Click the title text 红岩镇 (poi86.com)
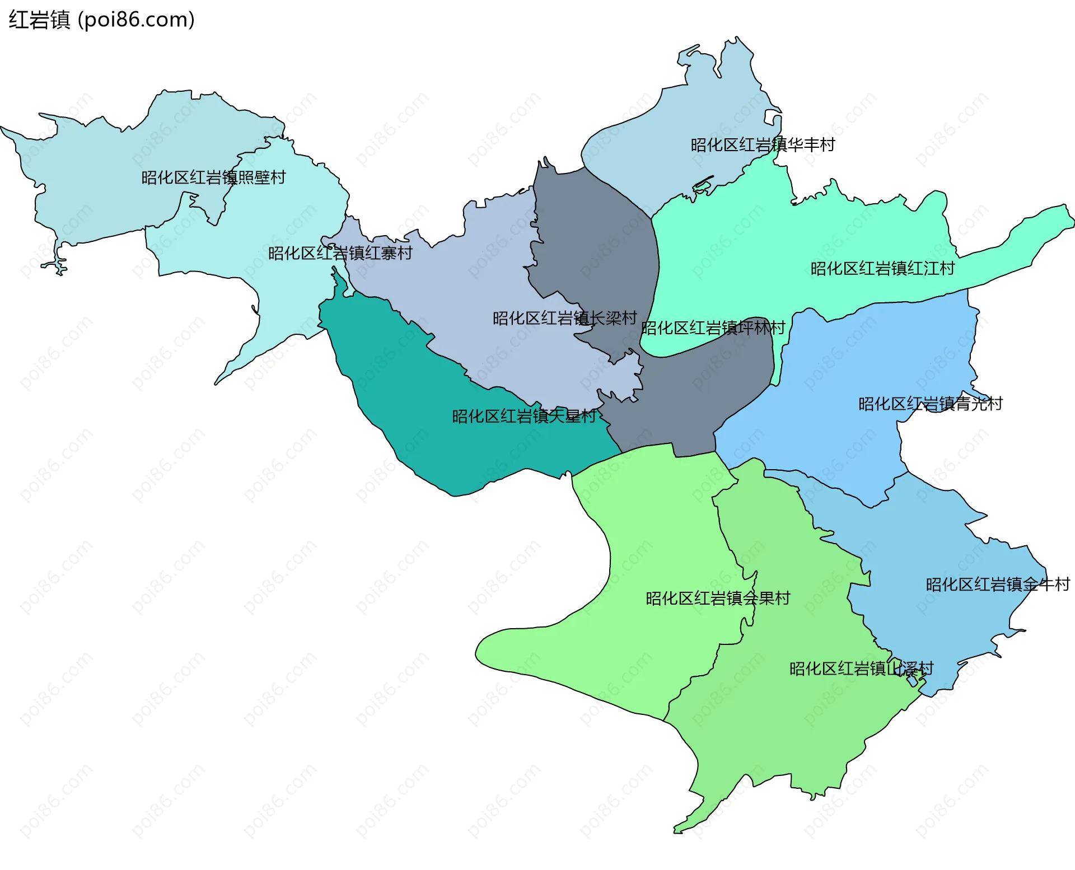tap(101, 20)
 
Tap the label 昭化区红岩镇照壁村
tap(213, 177)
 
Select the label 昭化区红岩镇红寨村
tap(340, 253)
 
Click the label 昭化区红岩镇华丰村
tap(763, 145)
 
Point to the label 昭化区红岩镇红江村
tap(882, 269)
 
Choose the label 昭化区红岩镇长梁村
tap(564, 319)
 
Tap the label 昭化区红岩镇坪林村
tap(713, 328)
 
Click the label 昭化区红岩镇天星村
tap(524, 417)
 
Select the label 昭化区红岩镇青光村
tap(930, 404)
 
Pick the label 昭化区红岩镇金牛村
tap(998, 585)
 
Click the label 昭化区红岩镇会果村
tap(718, 598)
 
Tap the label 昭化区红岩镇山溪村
tap(861, 669)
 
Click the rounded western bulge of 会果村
tap(504, 649)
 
